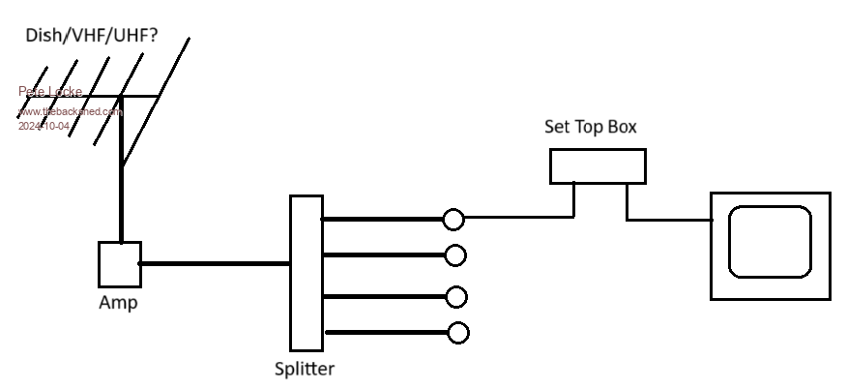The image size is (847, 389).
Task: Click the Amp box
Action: (120, 264)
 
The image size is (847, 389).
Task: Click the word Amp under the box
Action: (118, 303)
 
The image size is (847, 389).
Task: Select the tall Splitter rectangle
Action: (306, 273)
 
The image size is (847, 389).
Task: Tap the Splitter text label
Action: (305, 368)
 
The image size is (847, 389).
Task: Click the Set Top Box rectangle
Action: (598, 166)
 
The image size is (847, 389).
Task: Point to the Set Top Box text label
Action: (591, 127)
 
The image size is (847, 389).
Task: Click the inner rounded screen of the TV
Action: (770, 241)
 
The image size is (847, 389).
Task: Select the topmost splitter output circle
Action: (453, 220)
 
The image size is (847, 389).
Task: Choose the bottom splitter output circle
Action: (458, 333)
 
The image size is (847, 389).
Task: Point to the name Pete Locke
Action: (50, 92)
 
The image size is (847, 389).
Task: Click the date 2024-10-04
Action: (44, 126)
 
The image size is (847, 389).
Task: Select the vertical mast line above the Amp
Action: (122, 174)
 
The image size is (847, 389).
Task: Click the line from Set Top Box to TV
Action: (667, 220)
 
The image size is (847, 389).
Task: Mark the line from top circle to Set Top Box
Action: (522, 217)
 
